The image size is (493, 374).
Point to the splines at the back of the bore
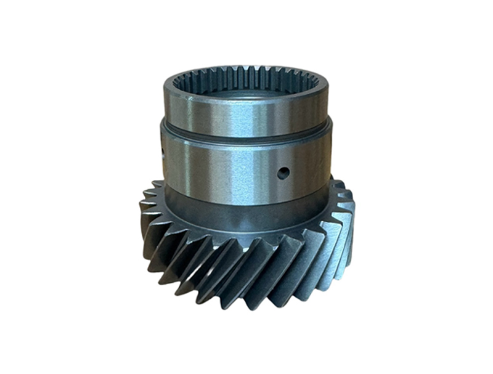pos(246,76)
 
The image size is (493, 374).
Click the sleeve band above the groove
pos(246,114)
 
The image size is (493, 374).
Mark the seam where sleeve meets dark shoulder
pos(246,203)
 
